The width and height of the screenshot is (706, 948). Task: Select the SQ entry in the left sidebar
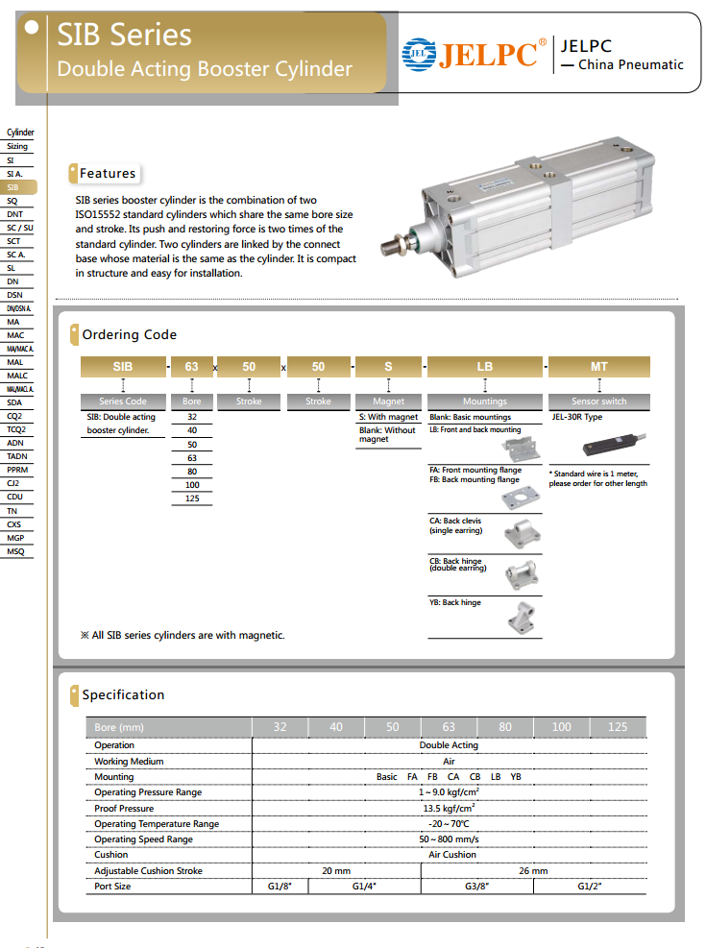pos(13,201)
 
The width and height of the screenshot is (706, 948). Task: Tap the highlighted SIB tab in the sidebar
pos(14,187)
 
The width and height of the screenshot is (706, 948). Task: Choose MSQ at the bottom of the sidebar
pos(15,551)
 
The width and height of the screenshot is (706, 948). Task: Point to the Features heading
pos(108,174)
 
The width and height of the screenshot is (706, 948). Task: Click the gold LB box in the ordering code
pos(485,367)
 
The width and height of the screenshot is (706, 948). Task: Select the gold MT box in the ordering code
pos(598,367)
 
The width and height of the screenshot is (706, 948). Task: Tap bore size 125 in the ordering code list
pos(192,498)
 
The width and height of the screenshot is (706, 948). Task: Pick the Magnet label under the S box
pos(388,401)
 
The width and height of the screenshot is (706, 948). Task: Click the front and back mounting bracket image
pos(523,448)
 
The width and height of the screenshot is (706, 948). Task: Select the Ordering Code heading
pos(130,335)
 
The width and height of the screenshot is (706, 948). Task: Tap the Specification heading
pos(123,695)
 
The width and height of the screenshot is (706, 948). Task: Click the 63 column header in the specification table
pos(449,727)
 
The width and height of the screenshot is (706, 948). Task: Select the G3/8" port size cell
pos(477,887)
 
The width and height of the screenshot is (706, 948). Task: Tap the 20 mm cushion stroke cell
pos(336,871)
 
